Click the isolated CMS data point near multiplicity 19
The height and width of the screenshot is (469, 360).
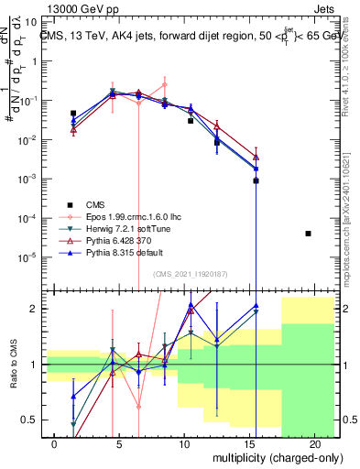[308, 234]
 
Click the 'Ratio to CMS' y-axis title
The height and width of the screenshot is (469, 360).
[13, 365]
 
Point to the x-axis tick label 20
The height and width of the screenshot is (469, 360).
[314, 442]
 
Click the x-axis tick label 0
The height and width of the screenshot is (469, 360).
[54, 442]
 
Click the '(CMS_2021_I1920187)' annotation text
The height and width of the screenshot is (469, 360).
[190, 274]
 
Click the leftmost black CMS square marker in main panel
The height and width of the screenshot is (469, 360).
[73, 114]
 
